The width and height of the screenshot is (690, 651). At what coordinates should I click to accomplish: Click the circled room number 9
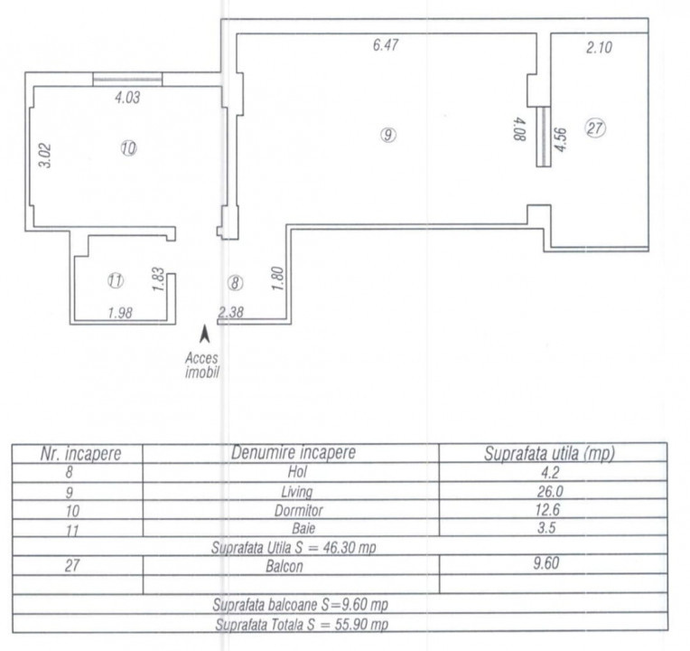pyautogui.click(x=387, y=135)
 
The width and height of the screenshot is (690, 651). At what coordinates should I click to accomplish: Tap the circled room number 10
pyautogui.click(x=128, y=148)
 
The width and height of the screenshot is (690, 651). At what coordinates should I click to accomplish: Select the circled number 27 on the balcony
pyautogui.click(x=595, y=128)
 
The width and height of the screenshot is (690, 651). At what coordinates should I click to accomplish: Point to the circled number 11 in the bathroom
pyautogui.click(x=116, y=280)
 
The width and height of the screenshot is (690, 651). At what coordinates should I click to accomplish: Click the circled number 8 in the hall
pyautogui.click(x=235, y=283)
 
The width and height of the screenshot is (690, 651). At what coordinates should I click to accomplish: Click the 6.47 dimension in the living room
pyautogui.click(x=386, y=45)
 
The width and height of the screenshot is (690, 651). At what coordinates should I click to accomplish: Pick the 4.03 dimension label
pyautogui.click(x=127, y=98)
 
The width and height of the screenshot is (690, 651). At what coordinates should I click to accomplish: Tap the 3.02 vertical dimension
pyautogui.click(x=45, y=156)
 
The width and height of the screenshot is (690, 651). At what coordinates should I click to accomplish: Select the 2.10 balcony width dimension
pyautogui.click(x=599, y=47)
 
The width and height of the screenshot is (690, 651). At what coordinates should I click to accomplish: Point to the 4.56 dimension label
pyautogui.click(x=560, y=140)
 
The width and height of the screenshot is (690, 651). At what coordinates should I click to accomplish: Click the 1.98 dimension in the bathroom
pyautogui.click(x=120, y=313)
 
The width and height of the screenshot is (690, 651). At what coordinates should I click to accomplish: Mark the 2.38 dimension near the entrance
pyautogui.click(x=230, y=312)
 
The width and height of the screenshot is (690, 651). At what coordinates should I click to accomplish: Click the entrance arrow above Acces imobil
pyautogui.click(x=205, y=334)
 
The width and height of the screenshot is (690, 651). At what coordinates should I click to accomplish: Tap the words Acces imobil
pyautogui.click(x=201, y=365)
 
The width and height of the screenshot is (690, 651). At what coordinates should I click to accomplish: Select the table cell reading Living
pyautogui.click(x=297, y=491)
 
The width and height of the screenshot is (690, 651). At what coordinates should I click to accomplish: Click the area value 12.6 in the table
pyautogui.click(x=547, y=510)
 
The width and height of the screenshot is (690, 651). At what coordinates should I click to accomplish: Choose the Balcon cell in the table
pyautogui.click(x=284, y=566)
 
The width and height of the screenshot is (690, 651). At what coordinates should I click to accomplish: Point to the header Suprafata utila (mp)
pyautogui.click(x=549, y=453)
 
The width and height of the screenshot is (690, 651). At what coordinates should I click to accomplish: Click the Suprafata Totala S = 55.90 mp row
pyautogui.click(x=302, y=624)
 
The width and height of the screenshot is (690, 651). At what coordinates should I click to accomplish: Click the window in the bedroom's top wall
pyautogui.click(x=127, y=80)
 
